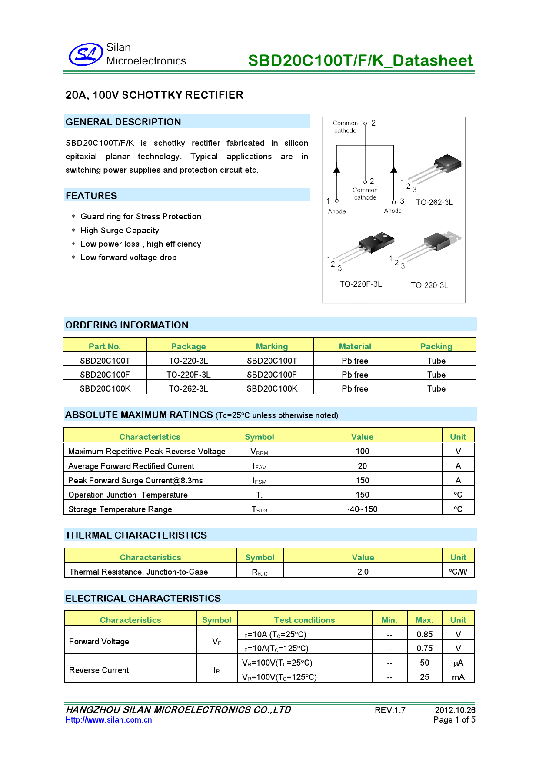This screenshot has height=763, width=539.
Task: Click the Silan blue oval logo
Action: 86,55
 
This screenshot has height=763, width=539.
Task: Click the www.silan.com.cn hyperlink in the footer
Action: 109,720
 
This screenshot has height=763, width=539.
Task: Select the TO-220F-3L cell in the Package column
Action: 188,375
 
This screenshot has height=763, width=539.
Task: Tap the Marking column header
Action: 272,346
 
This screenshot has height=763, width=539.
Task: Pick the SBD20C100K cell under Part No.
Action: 105,388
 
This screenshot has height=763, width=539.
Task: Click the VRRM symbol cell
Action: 260,452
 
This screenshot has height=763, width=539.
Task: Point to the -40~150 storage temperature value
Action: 362,509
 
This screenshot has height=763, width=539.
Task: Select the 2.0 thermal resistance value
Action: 363,572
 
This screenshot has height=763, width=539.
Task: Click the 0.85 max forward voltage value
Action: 424,634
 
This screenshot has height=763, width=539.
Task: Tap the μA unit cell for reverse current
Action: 458,663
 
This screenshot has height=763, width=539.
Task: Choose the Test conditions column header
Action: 304,620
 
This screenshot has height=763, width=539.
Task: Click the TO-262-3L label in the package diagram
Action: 434,202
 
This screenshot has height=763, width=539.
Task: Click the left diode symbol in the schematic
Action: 336,169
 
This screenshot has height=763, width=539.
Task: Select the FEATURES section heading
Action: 91,196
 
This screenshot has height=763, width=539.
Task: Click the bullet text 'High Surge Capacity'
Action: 120,231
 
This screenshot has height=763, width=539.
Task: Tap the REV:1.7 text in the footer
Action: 390,710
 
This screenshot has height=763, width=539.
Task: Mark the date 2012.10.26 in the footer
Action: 455,710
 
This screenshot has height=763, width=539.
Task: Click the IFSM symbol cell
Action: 260,481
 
